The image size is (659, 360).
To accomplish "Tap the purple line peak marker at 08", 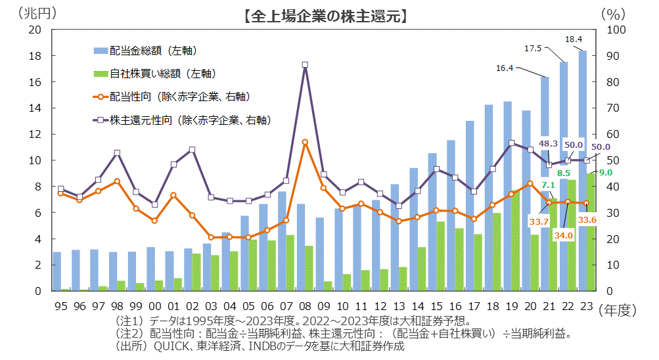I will (x=305, y=64).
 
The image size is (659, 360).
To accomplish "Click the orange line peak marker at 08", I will (x=305, y=142).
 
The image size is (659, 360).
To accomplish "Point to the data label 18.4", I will (x=574, y=39).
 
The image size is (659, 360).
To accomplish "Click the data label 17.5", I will (x=532, y=49).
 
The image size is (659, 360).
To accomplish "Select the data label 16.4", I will (x=504, y=68).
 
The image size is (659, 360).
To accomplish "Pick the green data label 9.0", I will (x=605, y=172).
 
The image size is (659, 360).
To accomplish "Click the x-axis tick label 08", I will (x=305, y=307).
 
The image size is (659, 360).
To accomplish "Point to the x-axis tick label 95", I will (x=60, y=307).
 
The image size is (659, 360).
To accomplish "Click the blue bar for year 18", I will (x=488, y=197).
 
